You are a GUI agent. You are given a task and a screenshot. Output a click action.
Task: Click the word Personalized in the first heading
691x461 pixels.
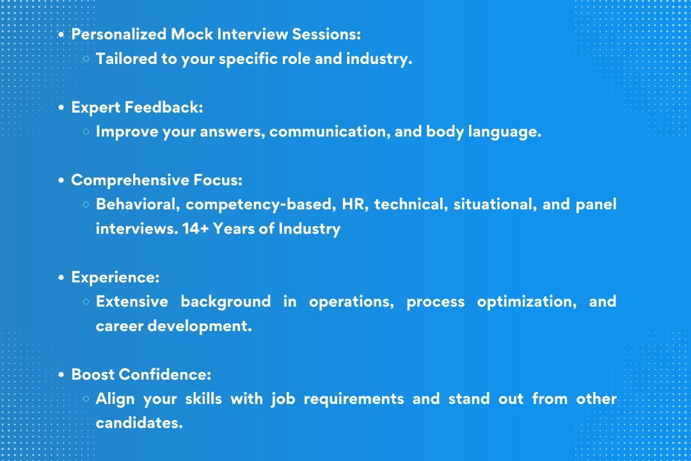coord(118,34)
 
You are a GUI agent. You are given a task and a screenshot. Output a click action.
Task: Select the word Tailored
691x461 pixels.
coord(126,58)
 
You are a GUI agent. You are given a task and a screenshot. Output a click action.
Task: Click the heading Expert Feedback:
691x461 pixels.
coord(137,107)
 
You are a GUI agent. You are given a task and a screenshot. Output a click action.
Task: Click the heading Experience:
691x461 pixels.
coord(115,277)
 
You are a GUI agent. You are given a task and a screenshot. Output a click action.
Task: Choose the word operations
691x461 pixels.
coord(351,302)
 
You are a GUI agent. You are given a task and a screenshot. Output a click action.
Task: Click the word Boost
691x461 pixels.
coord(92,374)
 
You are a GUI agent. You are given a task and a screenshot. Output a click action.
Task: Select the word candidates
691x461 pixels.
coord(139,423)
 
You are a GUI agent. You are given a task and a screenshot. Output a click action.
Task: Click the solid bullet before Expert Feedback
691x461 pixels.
coord(61,107)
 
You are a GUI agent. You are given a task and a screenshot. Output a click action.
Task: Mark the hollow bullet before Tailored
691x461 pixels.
coord(86,58)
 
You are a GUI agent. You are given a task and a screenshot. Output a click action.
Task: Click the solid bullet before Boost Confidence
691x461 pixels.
coord(61,375)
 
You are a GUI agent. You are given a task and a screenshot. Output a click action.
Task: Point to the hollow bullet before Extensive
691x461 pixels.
coord(86,302)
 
